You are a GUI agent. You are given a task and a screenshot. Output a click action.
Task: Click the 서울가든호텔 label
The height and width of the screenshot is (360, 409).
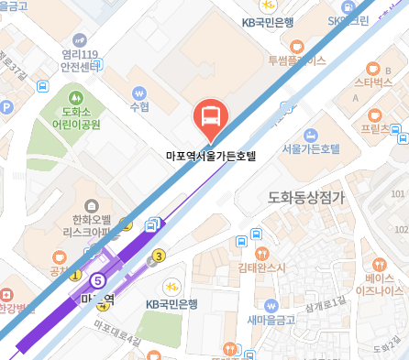coord(311,148)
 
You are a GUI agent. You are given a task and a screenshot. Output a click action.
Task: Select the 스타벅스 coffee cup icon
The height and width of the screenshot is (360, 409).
coord(372,68)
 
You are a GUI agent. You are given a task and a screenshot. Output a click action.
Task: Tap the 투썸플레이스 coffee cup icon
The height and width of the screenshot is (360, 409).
coord(296,46)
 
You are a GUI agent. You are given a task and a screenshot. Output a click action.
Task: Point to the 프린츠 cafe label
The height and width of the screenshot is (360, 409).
coord(376,129)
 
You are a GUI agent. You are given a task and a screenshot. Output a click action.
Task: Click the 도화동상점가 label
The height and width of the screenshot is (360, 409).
coord(305,197)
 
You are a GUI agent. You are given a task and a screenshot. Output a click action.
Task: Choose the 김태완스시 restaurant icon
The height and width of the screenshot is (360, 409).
coord(263,253)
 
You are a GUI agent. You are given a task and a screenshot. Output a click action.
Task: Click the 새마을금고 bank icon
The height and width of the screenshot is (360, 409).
coord(271,305)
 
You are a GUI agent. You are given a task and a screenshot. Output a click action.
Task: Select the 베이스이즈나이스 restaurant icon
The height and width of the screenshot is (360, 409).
coord(372,259)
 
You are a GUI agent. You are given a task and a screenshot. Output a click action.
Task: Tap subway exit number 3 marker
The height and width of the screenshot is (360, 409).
coord(160,256)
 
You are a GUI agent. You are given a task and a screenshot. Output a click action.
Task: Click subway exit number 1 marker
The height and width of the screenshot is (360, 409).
coord(75,274)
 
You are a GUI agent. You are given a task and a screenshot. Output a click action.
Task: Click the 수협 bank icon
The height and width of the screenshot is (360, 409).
coord(139,92)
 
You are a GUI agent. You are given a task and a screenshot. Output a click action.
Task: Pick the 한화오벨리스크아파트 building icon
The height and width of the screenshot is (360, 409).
coord(90,206)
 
